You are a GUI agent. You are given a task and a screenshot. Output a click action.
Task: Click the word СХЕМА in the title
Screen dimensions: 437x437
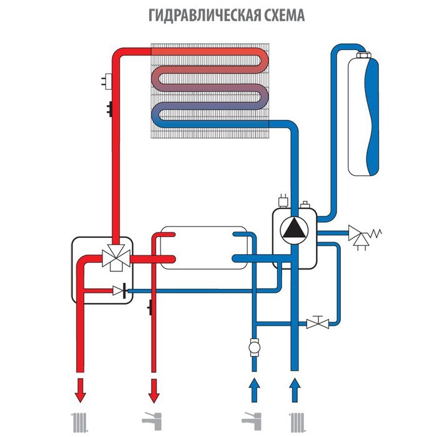pos(280,15)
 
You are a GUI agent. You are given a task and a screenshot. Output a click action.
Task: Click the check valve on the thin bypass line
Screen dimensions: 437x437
pos(119,290)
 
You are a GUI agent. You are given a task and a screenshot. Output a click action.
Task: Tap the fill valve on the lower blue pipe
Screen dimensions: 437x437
pos(318,323)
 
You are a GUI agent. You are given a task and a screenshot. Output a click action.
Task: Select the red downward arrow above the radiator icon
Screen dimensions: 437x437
pos(80,391)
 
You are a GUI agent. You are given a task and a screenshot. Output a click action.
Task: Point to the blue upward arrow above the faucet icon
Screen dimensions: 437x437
pos(253,388)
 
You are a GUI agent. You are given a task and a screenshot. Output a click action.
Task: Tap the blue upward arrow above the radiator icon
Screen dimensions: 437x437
pos(293,388)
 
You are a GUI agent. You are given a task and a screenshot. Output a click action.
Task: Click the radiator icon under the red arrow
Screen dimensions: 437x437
pos(79,423)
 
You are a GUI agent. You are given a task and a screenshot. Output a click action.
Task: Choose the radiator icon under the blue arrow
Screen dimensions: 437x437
pos(293,423)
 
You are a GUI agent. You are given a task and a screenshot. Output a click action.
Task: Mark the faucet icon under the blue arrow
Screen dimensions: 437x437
pos(253,423)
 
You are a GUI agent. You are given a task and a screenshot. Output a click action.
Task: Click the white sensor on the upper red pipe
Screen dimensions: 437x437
pos(107,80)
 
